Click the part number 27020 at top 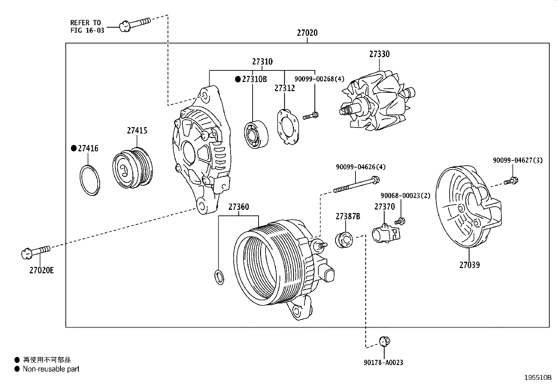coord(307,33)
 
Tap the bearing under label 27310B coord(256,134)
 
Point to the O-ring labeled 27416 coord(90,180)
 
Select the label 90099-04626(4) coord(360,167)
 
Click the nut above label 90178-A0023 coord(385,341)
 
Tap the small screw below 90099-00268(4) coord(311,116)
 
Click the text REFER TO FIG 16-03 coord(87,27)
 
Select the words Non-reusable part coord(51,369)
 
